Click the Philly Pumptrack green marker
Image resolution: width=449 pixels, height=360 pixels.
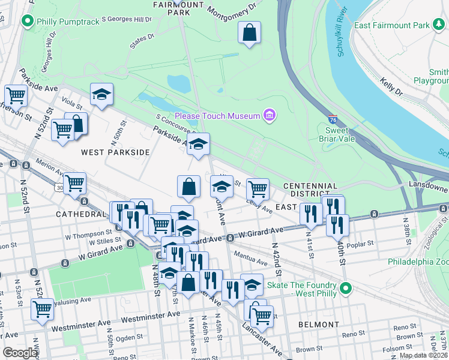[x=26, y=22]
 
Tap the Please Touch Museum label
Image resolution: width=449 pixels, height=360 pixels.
[x=217, y=115]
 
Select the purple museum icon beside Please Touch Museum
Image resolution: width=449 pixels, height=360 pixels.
[x=270, y=115]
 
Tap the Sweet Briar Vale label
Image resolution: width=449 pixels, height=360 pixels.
[x=340, y=134]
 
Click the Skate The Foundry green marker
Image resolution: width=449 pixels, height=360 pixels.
[x=345, y=289]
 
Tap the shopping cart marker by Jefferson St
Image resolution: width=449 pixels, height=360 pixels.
[x=16, y=95]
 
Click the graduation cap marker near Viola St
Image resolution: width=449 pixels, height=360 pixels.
[x=102, y=94]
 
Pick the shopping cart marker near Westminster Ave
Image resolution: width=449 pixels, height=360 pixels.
[x=42, y=310]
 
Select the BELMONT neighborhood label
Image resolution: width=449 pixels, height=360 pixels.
[x=318, y=325]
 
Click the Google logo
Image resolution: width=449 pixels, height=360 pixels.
[x=20, y=353]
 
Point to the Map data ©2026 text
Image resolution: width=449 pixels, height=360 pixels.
[x=423, y=355]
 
